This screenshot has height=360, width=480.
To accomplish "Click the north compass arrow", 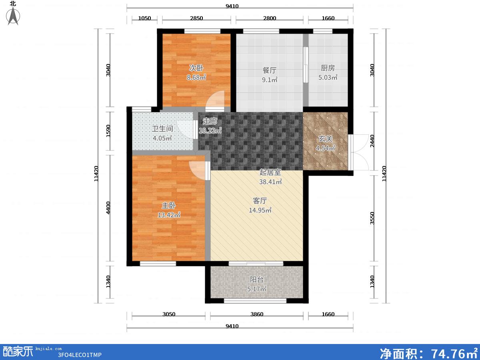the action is (13, 16).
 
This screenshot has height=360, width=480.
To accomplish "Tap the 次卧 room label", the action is (196, 68).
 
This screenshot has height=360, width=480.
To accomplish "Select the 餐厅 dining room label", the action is (270, 70).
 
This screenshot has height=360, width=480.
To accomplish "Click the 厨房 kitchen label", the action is (328, 68).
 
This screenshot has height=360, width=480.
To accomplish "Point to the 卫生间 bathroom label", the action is (162, 128).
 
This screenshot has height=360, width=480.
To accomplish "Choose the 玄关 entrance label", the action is (325, 138).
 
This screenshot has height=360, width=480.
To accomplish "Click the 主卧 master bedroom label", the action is (169, 206).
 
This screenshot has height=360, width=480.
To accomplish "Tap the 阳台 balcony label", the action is (256, 279).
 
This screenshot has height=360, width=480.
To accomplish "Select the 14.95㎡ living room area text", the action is (260, 210).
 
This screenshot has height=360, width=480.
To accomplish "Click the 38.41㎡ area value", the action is (270, 182).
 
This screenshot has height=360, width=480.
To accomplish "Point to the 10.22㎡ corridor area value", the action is (210, 131).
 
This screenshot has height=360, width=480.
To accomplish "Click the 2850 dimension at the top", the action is (196, 18).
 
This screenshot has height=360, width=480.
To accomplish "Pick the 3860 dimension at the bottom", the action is (257, 314).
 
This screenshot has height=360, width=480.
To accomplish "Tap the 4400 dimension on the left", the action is (108, 208).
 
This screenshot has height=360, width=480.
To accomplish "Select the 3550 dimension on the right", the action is (372, 218).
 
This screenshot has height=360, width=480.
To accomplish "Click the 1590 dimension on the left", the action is (108, 131).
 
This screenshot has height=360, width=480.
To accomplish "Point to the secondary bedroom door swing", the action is (215, 100).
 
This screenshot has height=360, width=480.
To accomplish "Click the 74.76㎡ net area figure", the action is (454, 353).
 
